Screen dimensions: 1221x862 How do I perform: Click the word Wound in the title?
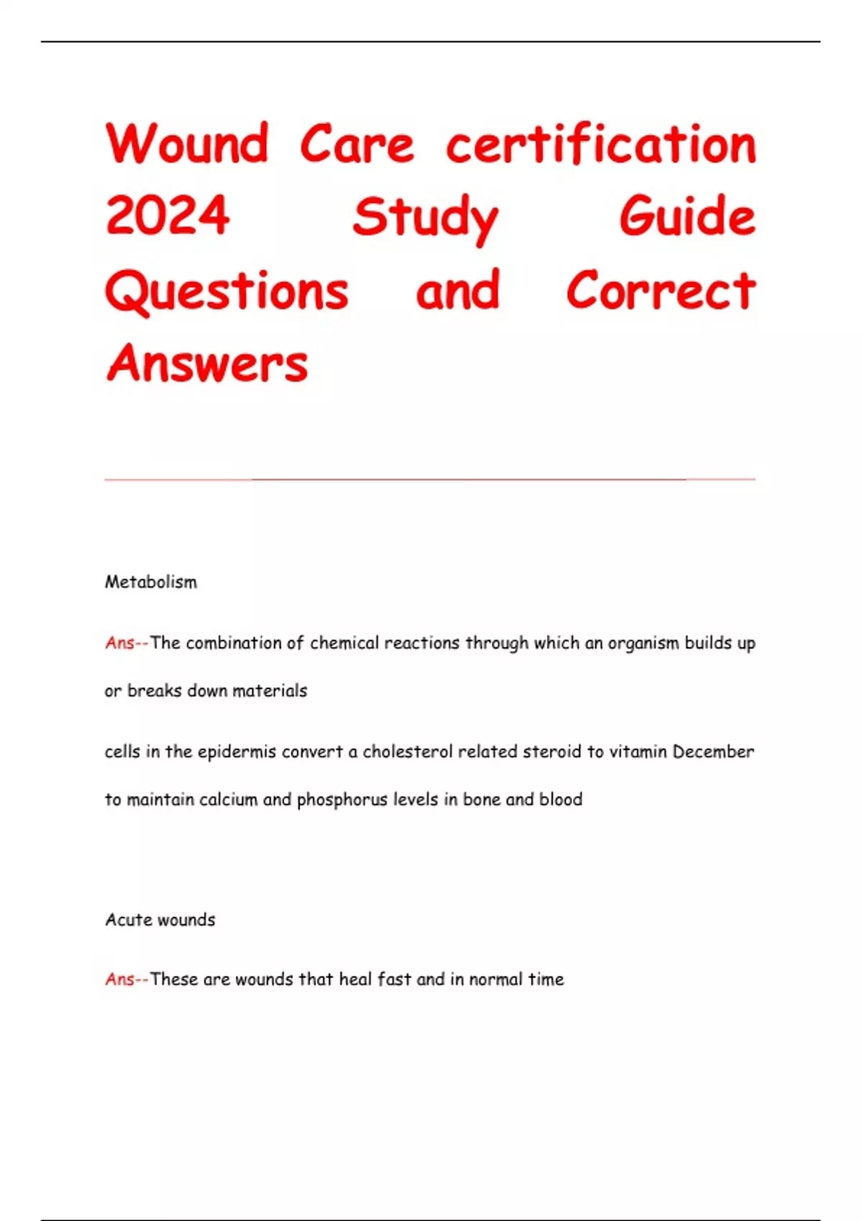(187, 144)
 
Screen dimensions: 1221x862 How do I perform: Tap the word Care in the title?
(357, 144)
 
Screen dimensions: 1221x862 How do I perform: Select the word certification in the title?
(601, 144)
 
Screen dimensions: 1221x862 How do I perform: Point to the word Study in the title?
(425, 217)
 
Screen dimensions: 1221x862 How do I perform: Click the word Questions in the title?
(227, 291)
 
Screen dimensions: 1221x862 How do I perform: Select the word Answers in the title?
(207, 363)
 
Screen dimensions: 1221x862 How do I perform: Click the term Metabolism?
(151, 582)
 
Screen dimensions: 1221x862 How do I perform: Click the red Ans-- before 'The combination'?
(126, 643)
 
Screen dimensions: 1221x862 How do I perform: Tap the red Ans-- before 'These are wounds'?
(126, 979)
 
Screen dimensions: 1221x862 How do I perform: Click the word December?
(713, 752)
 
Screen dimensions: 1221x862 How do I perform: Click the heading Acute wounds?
(160, 920)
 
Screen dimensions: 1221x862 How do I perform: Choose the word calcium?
(228, 799)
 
